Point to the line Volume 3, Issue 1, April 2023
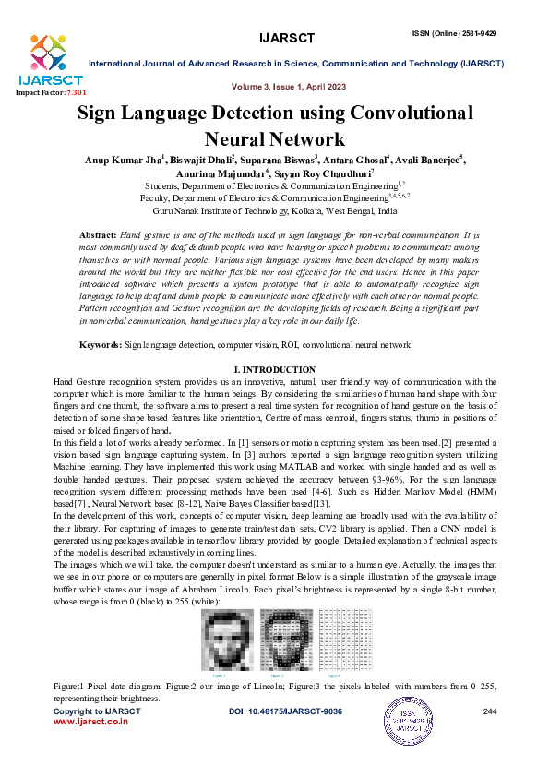click(290, 86)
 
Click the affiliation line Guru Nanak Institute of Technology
click(275, 210)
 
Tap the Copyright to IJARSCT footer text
click(90, 712)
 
